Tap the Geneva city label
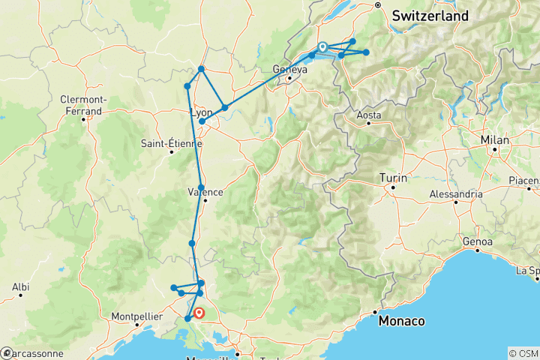[x=290, y=70]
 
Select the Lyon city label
[x=201, y=112]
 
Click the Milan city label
[x=496, y=140]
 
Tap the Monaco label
[x=401, y=321]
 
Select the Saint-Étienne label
[x=171, y=143]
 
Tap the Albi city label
[x=20, y=286]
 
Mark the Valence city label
[x=202, y=192]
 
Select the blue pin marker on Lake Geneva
[x=322, y=47]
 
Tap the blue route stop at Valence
[x=201, y=187]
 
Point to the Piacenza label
[x=525, y=181]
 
